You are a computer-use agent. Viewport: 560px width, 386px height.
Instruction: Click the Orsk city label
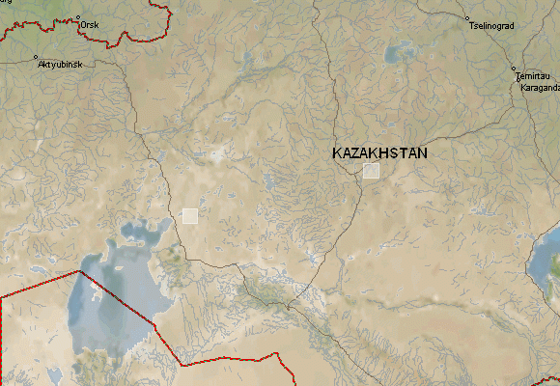point(90,24)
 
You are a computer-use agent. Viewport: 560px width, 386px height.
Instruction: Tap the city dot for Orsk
point(77,18)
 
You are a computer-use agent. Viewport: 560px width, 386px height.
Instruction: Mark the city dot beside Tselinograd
point(468,17)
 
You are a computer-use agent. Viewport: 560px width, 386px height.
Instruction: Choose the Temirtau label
point(531,76)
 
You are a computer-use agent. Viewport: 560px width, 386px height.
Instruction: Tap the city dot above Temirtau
point(515,69)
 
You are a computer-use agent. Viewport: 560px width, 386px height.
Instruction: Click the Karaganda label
point(539,87)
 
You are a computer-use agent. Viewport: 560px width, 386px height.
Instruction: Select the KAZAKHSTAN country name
point(379,153)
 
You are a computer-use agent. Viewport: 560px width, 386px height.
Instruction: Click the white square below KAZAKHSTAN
point(372,171)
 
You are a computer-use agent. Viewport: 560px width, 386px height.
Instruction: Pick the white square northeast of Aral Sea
point(190,215)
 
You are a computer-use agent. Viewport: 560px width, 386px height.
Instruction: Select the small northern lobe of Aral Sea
point(135,234)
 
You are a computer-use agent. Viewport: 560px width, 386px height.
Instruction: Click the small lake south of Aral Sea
point(54,374)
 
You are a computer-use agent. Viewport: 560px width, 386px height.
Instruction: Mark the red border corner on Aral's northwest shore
point(78,272)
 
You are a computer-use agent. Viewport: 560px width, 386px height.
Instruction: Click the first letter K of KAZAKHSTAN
point(337,153)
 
